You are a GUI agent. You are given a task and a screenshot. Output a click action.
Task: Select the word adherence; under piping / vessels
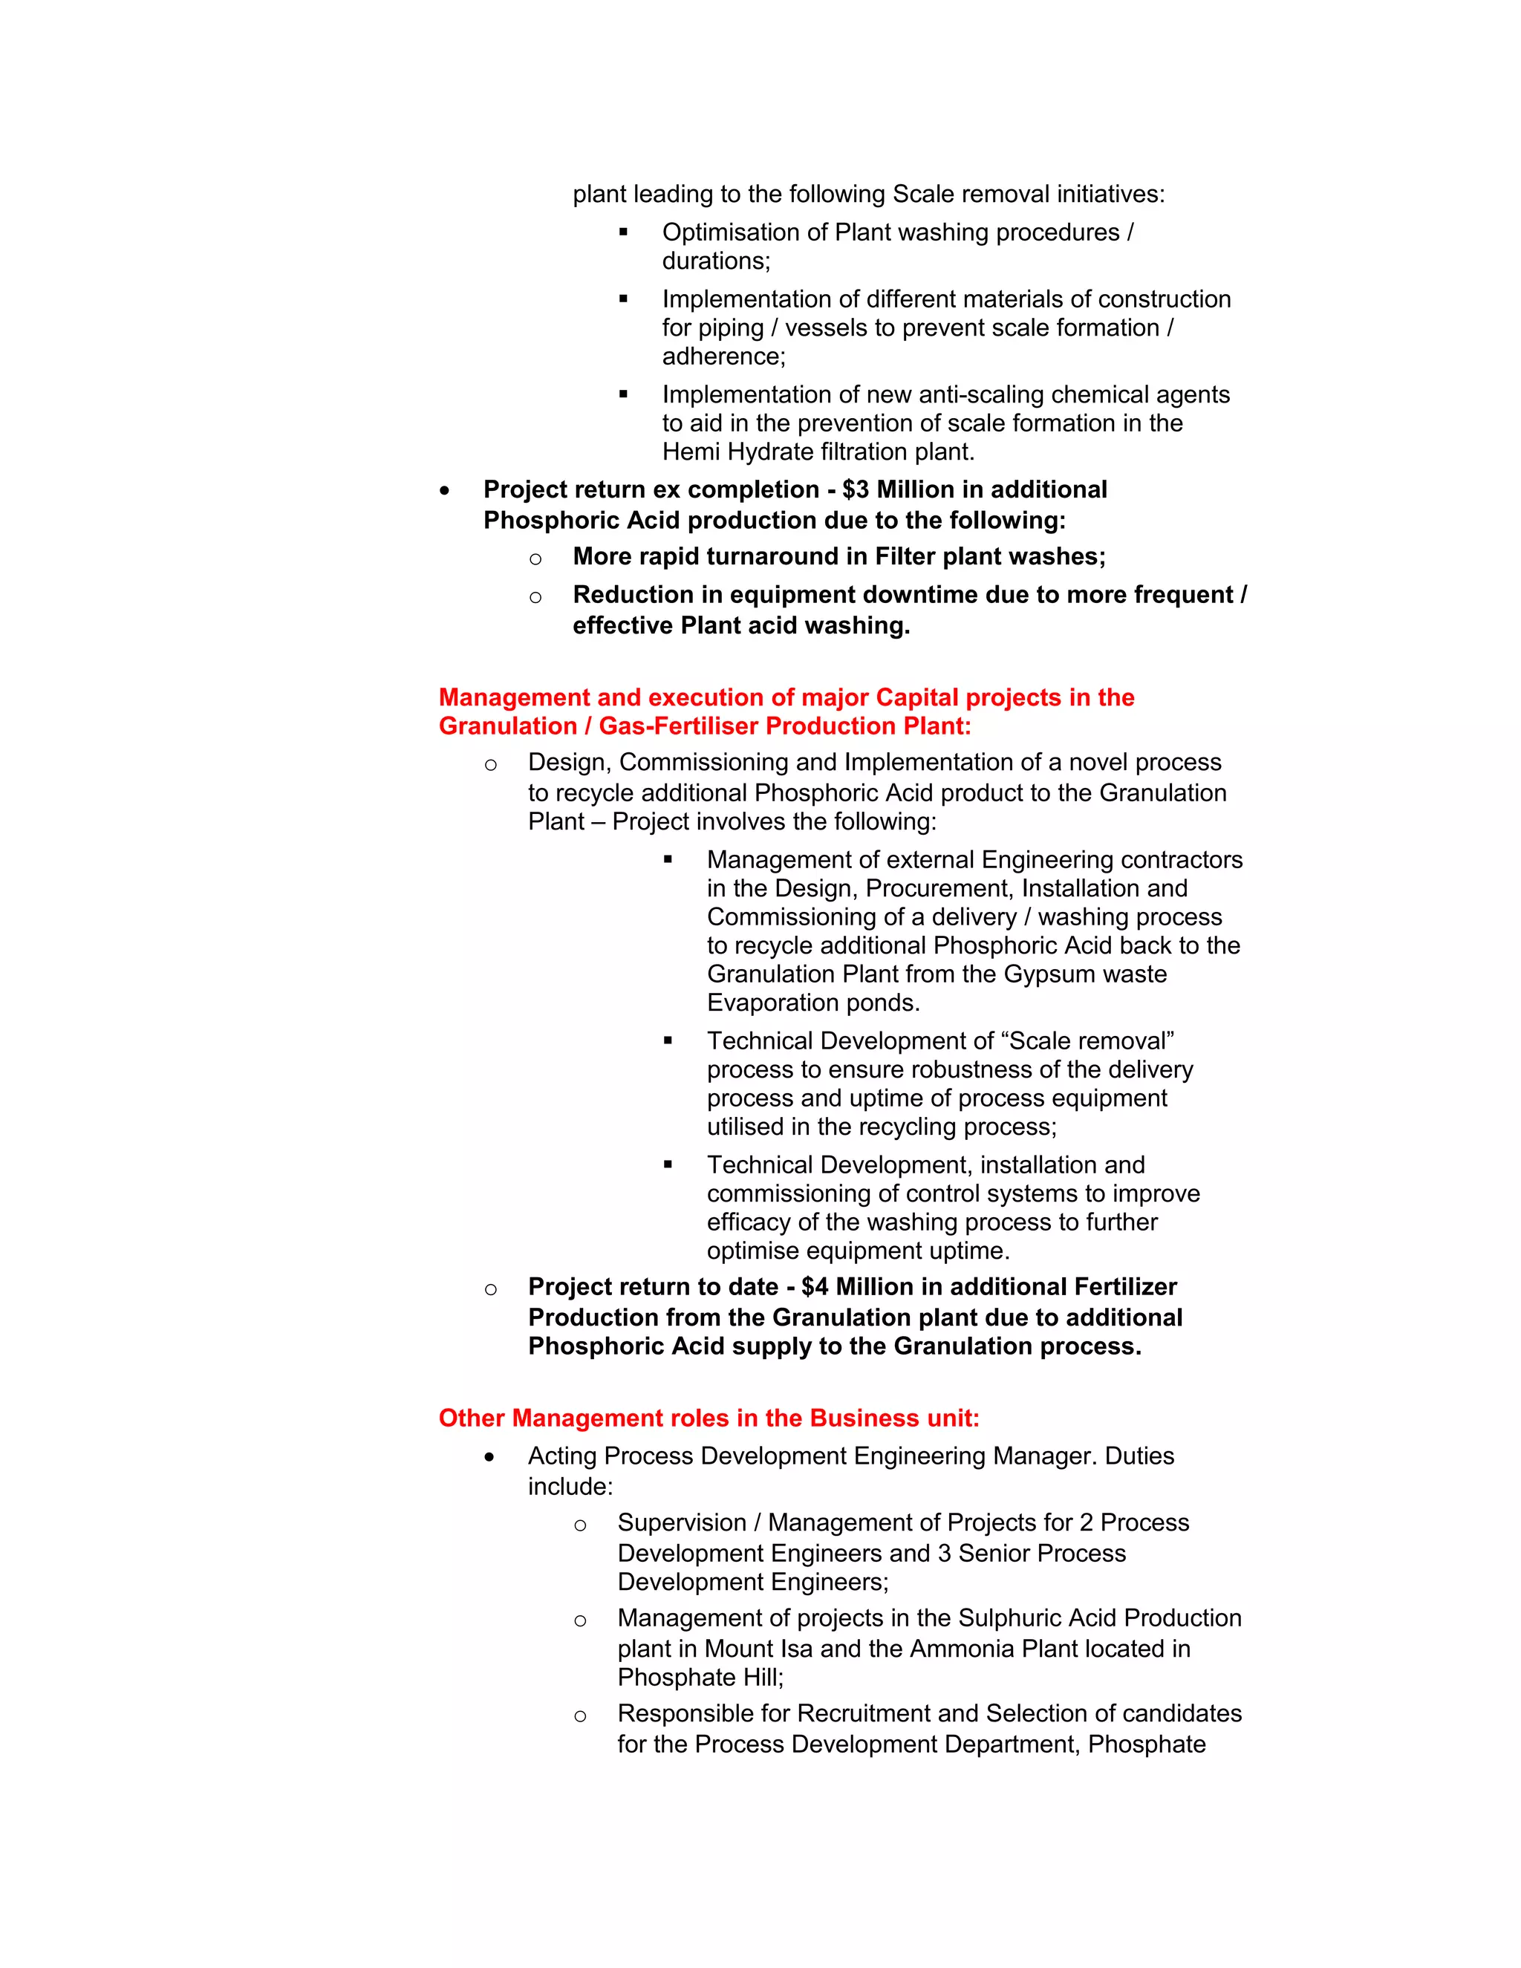pyautogui.click(x=723, y=356)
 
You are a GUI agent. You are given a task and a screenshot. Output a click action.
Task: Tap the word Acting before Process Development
pyautogui.click(x=562, y=1456)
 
